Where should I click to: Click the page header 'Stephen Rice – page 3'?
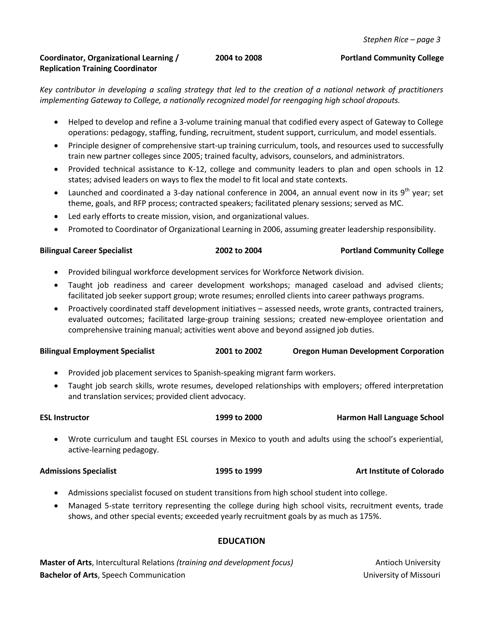click(401, 39)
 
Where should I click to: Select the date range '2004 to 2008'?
click(238, 58)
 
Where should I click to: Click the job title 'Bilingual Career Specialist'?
click(86, 250)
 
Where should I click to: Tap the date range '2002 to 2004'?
click(238, 250)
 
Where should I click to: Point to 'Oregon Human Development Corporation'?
click(368, 351)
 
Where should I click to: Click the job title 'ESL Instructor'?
click(64, 417)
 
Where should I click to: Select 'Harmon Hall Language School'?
click(390, 417)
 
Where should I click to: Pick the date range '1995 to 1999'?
click(238, 471)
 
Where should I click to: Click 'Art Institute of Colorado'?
click(400, 471)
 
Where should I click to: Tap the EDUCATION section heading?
click(241, 541)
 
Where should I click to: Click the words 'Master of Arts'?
click(66, 562)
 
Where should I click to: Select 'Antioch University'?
click(408, 562)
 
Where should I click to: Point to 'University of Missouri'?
click(401, 575)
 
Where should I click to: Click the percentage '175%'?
click(370, 516)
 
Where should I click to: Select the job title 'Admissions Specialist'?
click(78, 471)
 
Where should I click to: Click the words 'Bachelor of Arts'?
click(68, 575)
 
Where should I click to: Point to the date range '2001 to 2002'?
click(238, 351)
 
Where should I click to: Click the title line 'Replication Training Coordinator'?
click(98, 69)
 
